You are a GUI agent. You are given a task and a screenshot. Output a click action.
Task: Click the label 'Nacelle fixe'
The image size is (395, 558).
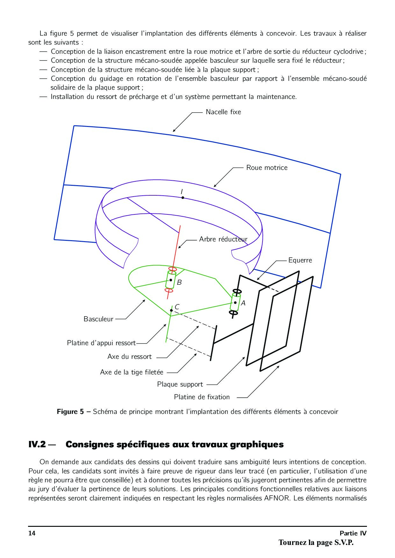[223, 112]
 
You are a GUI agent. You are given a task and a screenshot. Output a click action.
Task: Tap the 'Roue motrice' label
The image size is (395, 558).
[267, 168]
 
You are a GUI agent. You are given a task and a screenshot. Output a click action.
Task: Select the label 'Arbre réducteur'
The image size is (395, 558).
[223, 239]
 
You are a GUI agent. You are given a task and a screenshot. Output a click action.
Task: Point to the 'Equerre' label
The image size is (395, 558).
[300, 260]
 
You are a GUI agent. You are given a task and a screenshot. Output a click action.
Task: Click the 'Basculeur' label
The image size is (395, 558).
[98, 319]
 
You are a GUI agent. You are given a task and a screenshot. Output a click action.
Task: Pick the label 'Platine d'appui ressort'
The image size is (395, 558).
[101, 343]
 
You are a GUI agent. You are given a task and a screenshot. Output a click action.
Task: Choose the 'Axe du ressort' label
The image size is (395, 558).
[129, 357]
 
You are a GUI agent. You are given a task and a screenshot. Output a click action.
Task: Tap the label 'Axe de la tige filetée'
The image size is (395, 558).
[132, 372]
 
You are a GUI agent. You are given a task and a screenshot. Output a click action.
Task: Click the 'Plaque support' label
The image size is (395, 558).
[180, 384]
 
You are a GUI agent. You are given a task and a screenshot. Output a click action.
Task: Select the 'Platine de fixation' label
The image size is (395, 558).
[202, 397]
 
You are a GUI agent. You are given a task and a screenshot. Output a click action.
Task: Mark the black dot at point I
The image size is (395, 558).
[183, 198]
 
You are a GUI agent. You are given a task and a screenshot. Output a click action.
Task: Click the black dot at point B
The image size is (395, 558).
[171, 280]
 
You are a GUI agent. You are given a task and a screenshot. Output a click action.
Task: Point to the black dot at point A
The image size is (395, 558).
[235, 303]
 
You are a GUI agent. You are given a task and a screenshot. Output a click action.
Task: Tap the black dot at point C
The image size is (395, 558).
[171, 310]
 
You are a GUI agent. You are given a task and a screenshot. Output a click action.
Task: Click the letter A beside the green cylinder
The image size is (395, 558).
[243, 303]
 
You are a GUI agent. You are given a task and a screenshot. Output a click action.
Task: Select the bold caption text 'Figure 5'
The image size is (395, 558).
[68, 412]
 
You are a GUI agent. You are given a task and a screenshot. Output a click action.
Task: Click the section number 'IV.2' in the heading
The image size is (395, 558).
[38, 444]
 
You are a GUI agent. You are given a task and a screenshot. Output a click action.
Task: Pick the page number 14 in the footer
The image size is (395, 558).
[32, 533]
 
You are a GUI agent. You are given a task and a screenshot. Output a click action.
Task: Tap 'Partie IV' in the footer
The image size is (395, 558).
[353, 533]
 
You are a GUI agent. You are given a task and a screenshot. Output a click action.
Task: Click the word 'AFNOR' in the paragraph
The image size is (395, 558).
[277, 498]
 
